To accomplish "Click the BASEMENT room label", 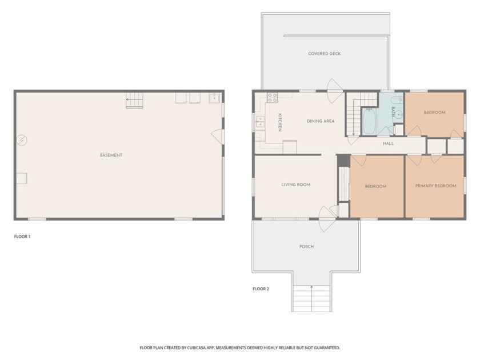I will pyautogui.click(x=111, y=155).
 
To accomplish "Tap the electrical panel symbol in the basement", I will pyautogui.click(x=21, y=140).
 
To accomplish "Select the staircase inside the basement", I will pyautogui.click(x=134, y=100).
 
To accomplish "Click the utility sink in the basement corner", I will pyautogui.click(x=214, y=98).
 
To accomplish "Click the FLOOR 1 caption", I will pyautogui.click(x=22, y=236).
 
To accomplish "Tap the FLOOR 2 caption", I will pyautogui.click(x=261, y=289).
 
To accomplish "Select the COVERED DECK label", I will pyautogui.click(x=324, y=54).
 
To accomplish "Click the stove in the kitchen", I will pyautogui.click(x=272, y=97).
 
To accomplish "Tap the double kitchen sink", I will pyautogui.click(x=260, y=121).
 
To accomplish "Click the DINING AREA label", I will pyautogui.click(x=320, y=121).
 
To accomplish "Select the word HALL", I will pyautogui.click(x=388, y=143).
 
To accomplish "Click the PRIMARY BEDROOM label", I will pyautogui.click(x=435, y=186).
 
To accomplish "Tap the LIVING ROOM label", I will pyautogui.click(x=295, y=185).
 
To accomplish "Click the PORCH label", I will pyautogui.click(x=306, y=247).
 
